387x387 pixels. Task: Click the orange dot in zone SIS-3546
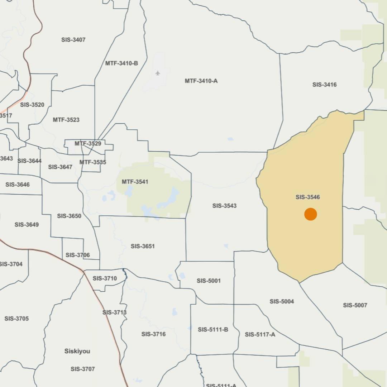click(x=311, y=214)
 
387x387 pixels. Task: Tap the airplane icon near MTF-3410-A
click(x=158, y=73)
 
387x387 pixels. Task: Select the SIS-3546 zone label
click(x=308, y=197)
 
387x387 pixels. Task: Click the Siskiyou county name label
click(x=77, y=351)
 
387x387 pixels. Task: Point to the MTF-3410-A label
click(x=201, y=81)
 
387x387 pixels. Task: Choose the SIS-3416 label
click(x=324, y=85)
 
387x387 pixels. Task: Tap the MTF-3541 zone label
click(x=135, y=182)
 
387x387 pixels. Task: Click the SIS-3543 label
click(x=224, y=206)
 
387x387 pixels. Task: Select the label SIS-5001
click(x=209, y=281)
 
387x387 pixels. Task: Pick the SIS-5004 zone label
click(x=282, y=301)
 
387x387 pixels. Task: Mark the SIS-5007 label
click(x=355, y=305)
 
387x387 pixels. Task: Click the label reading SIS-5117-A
click(x=260, y=334)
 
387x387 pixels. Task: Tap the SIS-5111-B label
click(x=213, y=329)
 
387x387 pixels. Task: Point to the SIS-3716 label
click(x=153, y=334)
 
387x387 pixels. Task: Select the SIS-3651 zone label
click(x=143, y=246)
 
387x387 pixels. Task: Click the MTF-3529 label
click(x=88, y=144)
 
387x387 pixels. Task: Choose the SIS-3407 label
click(x=73, y=40)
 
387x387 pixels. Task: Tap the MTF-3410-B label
click(x=121, y=63)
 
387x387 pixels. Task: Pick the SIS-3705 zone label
click(x=16, y=319)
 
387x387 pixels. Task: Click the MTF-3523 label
click(x=66, y=120)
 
